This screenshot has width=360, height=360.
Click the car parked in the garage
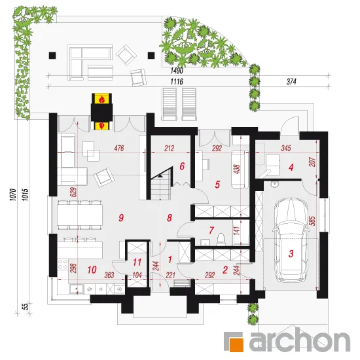[x=291, y=240]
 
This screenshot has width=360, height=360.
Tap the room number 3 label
[x=291, y=254]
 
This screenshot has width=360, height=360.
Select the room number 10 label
[x=92, y=270]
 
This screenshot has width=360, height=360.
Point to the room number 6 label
[x=182, y=166]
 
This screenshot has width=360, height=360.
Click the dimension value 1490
[x=177, y=71]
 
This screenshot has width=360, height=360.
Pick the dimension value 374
[x=291, y=82]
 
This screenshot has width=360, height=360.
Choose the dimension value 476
[x=119, y=148]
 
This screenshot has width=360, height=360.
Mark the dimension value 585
[x=312, y=221]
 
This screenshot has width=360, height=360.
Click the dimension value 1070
[x=13, y=194]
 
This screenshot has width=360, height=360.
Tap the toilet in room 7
[x=221, y=238]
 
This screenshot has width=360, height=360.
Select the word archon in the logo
[x=300, y=340]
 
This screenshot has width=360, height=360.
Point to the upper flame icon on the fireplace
[x=101, y=99]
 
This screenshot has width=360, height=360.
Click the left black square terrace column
[x=52, y=56]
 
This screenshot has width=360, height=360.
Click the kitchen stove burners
[x=63, y=264]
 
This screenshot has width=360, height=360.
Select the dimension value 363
[x=109, y=275]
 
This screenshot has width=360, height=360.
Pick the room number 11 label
[x=137, y=262]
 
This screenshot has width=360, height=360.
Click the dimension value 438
[x=237, y=170]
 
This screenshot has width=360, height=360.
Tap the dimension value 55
[x=26, y=306]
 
